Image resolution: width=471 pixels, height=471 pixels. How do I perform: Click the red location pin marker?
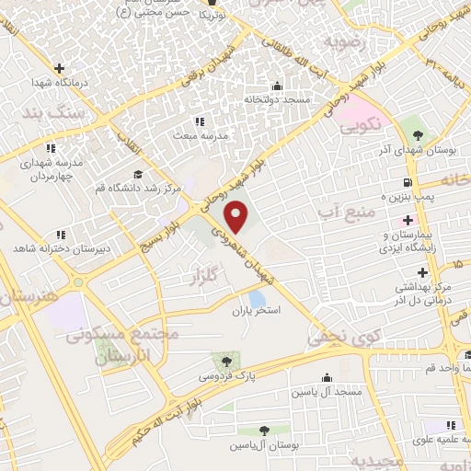236,216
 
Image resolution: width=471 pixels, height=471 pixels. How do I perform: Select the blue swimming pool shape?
257,298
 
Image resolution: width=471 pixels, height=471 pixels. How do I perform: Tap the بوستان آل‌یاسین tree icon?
263,430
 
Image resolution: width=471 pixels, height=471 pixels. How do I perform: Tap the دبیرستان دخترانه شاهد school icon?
61,235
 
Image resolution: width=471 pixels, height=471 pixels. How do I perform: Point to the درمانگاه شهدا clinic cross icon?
60,68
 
